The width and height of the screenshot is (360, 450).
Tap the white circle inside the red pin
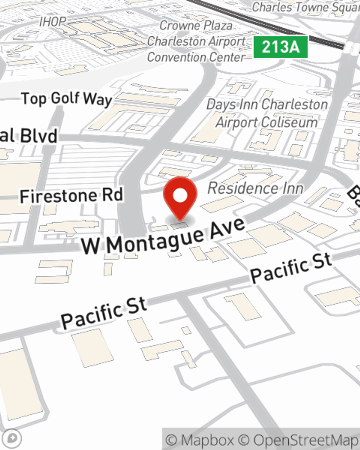coord(180,196)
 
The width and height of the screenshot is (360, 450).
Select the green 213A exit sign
coord(280,47)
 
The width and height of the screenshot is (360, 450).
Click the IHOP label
coord(53,22)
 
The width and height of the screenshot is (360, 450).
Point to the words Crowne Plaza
coord(196,26)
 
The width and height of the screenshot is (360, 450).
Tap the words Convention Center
coord(196,57)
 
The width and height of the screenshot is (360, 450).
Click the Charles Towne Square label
coord(305,7)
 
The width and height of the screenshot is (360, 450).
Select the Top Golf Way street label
coord(67,99)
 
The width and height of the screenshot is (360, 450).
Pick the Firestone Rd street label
coord(71,196)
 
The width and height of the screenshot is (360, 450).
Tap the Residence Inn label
coord(255,188)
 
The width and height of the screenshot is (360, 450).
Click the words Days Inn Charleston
coord(267,105)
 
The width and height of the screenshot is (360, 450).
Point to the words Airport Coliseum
coord(267,122)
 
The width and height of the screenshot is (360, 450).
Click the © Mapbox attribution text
coord(201,440)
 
